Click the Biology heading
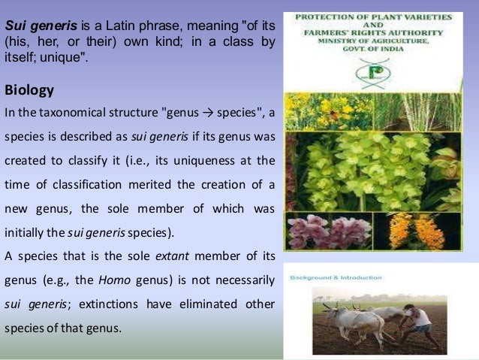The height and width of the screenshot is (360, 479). click(x=29, y=91)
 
